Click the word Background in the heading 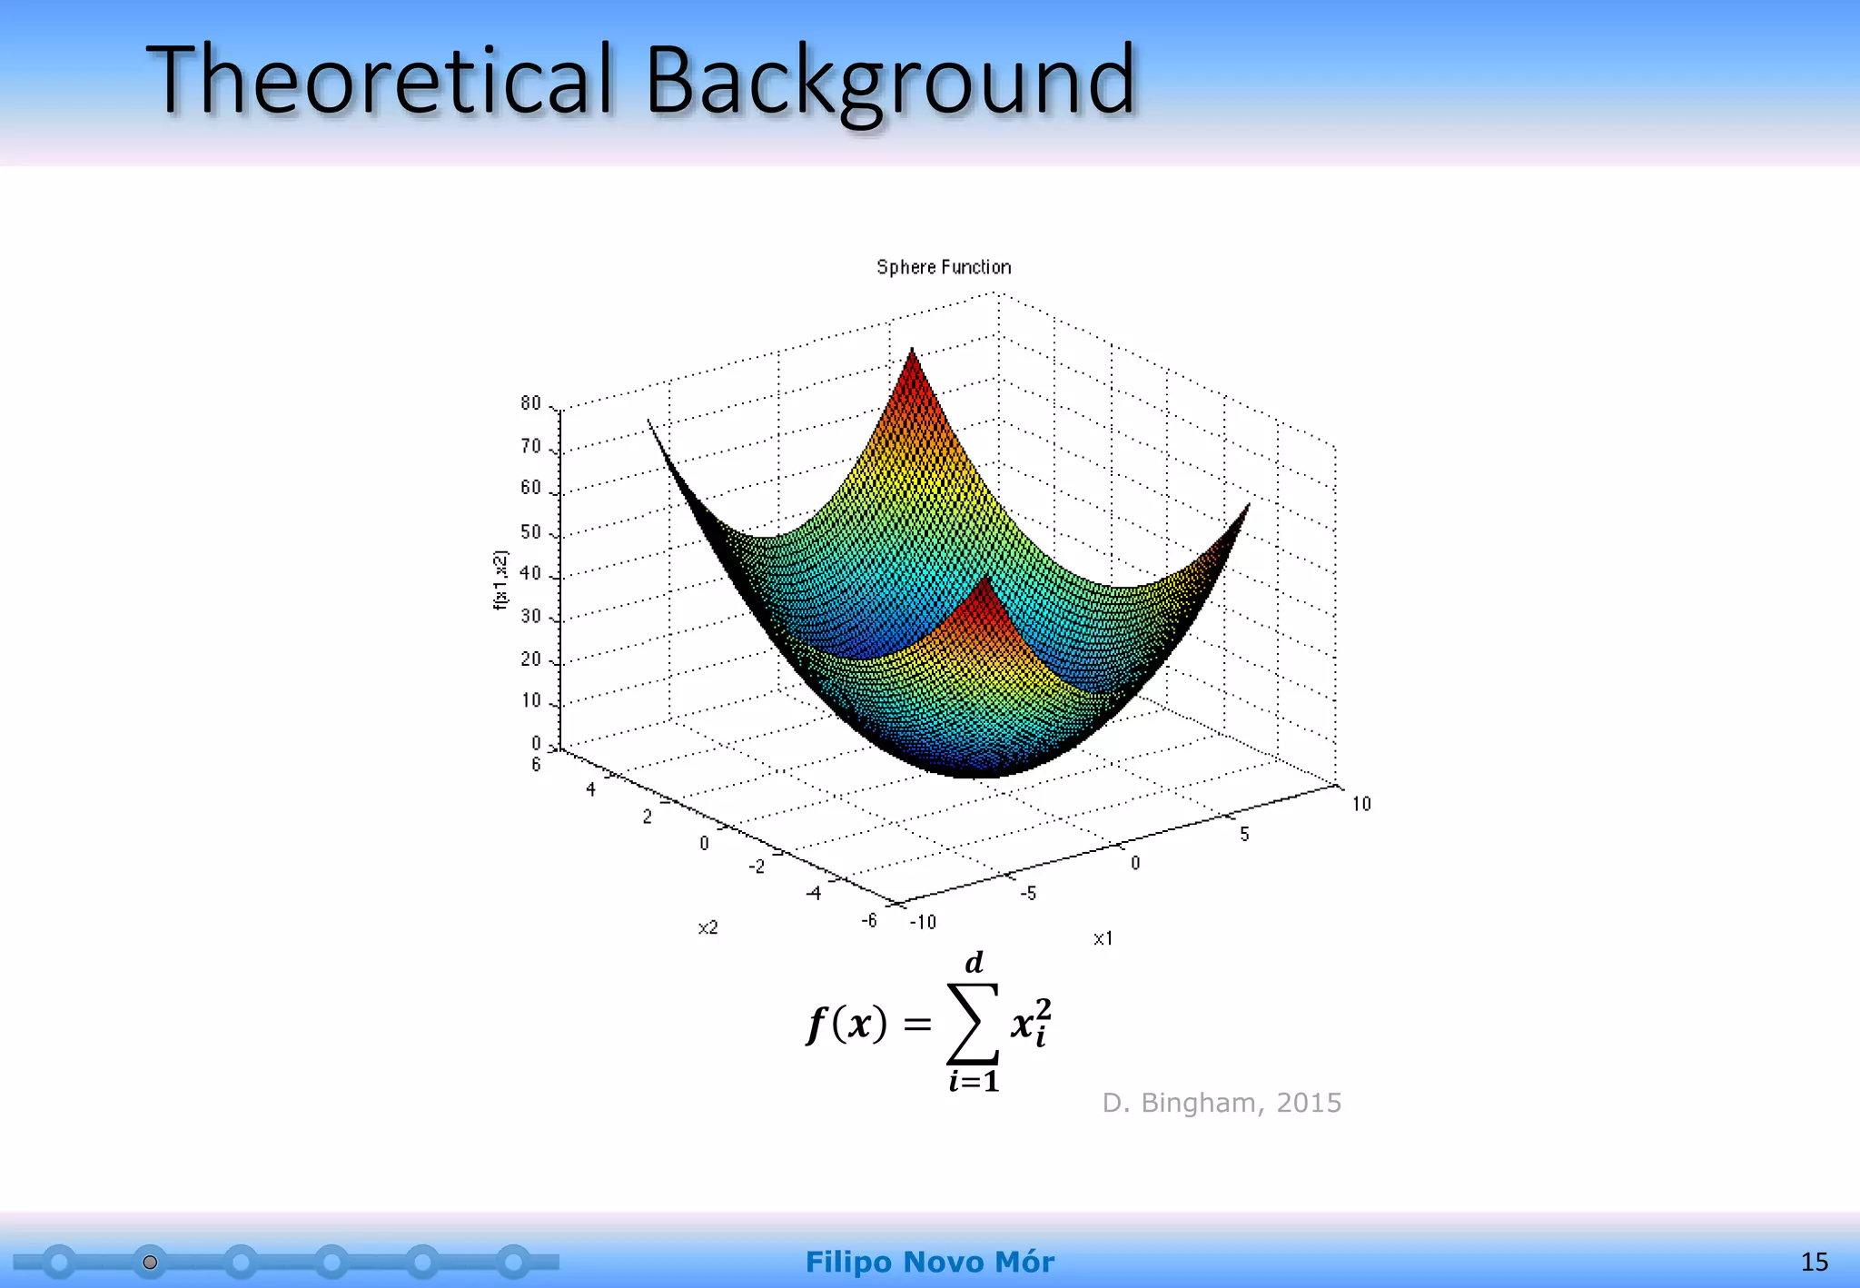tap(890, 82)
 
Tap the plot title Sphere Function tap(944, 267)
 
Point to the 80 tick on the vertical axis tap(530, 403)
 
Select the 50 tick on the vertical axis tap(530, 532)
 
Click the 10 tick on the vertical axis tap(530, 701)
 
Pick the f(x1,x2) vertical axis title tap(500, 580)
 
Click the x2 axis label tap(707, 927)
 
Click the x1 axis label tap(1103, 938)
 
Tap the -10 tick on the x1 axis tap(923, 922)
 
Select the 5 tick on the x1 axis tap(1244, 834)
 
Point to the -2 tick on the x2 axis tap(757, 867)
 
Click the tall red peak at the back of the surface tap(913, 363)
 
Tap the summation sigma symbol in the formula tap(973, 1024)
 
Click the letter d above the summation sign tap(974, 962)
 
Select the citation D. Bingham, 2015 tap(1222, 1103)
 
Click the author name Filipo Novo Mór tap(929, 1262)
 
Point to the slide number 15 tap(1814, 1262)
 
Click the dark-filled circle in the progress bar tap(151, 1263)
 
